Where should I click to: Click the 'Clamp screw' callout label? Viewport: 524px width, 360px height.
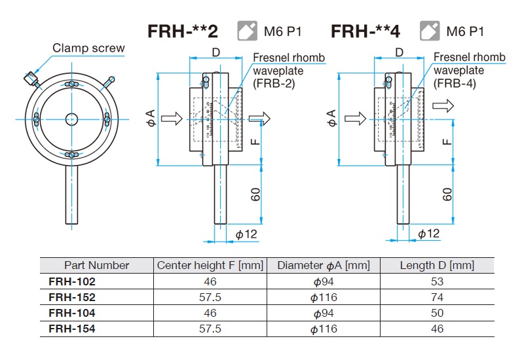88,48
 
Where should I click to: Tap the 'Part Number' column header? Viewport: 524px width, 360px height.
96,265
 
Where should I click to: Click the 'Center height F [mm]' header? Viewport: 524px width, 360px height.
210,265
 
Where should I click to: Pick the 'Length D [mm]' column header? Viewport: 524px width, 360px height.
437,265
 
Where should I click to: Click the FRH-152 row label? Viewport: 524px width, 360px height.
72,297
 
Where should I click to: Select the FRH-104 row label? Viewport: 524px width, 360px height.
72,313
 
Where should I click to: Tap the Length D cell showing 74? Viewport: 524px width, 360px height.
437,297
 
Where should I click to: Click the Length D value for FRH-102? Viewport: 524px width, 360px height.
437,281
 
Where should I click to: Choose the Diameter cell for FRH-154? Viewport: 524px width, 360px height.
324,329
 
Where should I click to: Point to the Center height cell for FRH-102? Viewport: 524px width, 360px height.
210,281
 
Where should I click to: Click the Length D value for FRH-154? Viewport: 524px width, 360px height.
437,329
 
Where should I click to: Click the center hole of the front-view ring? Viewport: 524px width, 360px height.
71,118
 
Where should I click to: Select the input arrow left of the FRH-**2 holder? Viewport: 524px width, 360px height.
171,118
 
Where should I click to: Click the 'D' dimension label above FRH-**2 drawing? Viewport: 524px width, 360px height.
214,52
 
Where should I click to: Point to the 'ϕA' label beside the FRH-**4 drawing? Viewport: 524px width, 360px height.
331,118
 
